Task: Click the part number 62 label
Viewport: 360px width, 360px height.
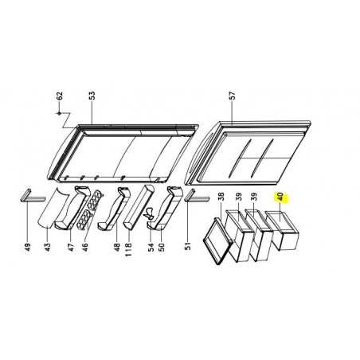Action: click(x=60, y=96)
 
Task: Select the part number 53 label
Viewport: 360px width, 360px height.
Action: click(x=92, y=96)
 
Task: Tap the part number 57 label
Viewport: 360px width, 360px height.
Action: click(x=232, y=96)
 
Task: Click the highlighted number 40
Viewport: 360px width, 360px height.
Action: click(x=281, y=198)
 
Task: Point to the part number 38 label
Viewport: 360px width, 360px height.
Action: click(x=221, y=197)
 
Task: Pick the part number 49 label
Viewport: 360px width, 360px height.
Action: click(x=28, y=247)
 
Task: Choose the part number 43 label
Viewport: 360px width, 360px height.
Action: click(x=47, y=247)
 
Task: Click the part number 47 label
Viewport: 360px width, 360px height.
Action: click(x=71, y=247)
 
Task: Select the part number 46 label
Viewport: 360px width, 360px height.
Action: click(x=85, y=247)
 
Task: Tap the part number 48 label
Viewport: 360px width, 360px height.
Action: click(x=117, y=247)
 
